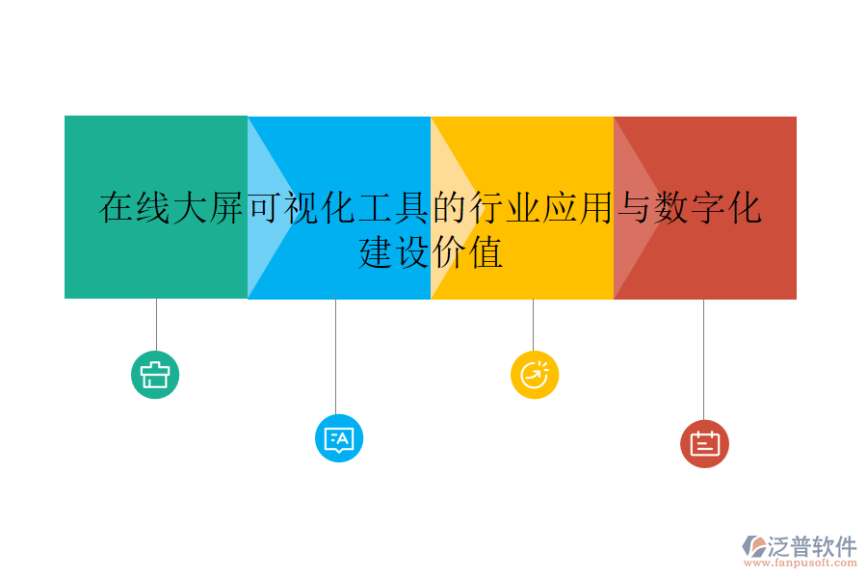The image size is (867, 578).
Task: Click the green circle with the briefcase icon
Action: pyautogui.click(x=155, y=375)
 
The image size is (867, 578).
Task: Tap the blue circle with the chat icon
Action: pyautogui.click(x=339, y=439)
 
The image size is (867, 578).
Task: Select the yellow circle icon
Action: pyautogui.click(x=535, y=375)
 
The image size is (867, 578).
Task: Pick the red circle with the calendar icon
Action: pyautogui.click(x=704, y=444)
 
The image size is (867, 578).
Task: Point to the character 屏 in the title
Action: pyautogui.click(x=227, y=208)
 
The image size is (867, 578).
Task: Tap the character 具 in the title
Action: pyautogui.click(x=412, y=208)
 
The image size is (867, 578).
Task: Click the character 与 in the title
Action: pyautogui.click(x=634, y=208)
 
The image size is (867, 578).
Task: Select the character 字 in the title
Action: pyautogui.click(x=708, y=208)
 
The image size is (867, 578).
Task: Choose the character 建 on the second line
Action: pyautogui.click(x=376, y=253)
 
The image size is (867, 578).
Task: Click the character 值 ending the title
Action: pyautogui.click(x=486, y=253)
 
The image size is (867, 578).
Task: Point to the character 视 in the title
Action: pyautogui.click(x=302, y=208)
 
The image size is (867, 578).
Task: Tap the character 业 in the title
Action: pyautogui.click(x=523, y=208)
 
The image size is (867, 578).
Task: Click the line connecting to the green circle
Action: pyautogui.click(x=156, y=325)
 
